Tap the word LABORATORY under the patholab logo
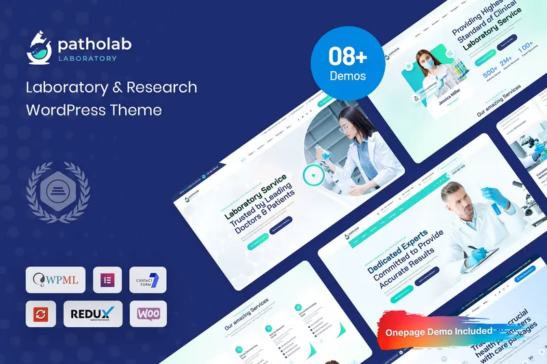(x=87, y=58)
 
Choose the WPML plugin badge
(x=55, y=280)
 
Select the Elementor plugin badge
(x=107, y=280)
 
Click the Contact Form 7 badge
(x=148, y=280)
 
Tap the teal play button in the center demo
(x=312, y=176)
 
